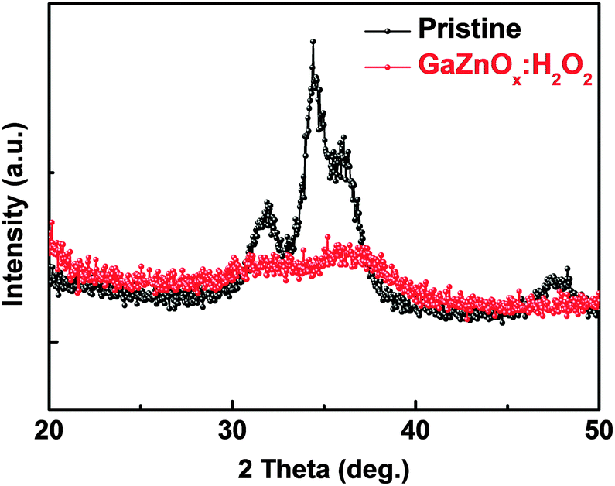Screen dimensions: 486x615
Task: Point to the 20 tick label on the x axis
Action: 50,428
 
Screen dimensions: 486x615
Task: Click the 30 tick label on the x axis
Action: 232,428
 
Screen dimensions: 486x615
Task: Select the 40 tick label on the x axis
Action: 415,428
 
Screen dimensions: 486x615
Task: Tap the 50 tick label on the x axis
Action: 598,428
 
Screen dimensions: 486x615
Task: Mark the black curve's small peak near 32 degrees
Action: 268,206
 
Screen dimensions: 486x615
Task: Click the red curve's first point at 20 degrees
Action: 51,222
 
